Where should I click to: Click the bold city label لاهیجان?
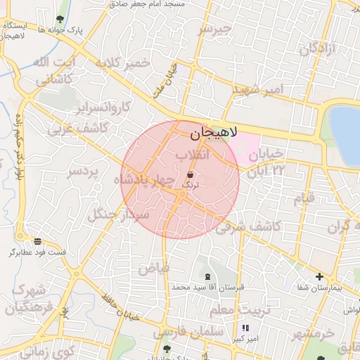tap(214, 132)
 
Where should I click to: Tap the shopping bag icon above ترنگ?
tap(191, 174)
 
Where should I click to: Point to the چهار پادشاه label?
tap(143, 180)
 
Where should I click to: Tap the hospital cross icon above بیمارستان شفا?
tap(320, 276)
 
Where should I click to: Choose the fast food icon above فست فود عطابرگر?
tap(37, 240)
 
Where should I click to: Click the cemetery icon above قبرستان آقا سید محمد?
tap(207, 276)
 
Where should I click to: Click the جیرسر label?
tap(214, 30)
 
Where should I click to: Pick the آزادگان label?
tap(319, 49)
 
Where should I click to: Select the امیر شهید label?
tap(256, 89)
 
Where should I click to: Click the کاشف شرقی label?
tap(249, 226)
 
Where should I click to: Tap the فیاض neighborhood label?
tap(154, 268)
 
